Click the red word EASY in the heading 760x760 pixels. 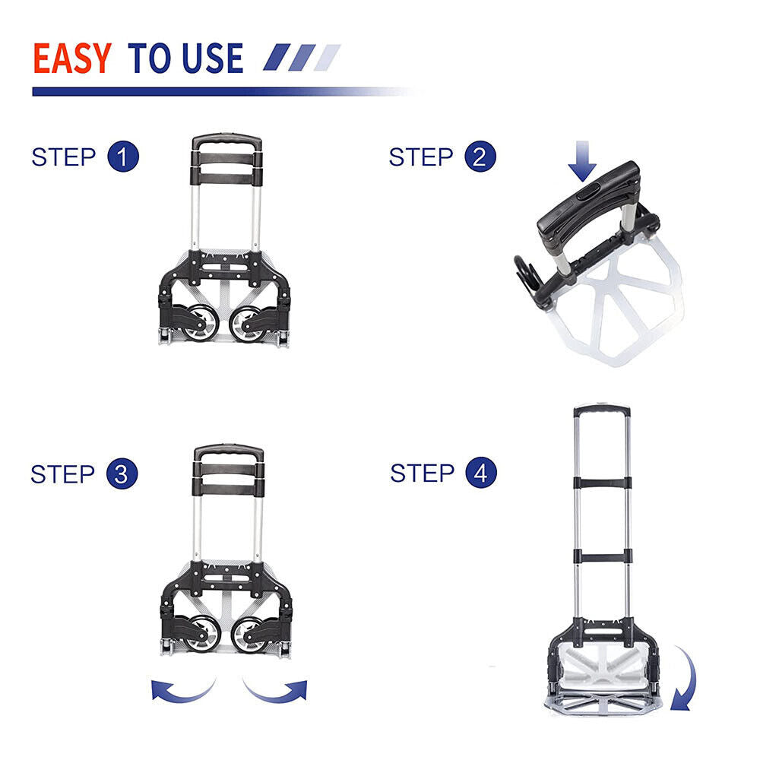click(72, 59)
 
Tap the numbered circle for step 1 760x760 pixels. click(123, 157)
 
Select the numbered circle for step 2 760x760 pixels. click(480, 157)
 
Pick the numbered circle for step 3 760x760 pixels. click(122, 473)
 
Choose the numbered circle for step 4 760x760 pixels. click(481, 473)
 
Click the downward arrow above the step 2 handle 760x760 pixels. click(582, 161)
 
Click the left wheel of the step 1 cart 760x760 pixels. click(201, 322)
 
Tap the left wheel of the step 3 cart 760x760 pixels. click(204, 634)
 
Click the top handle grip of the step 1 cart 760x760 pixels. click(226, 141)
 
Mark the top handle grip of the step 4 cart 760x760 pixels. click(602, 411)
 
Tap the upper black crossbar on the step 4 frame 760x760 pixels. click(603, 483)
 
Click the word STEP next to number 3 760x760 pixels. click(62, 474)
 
